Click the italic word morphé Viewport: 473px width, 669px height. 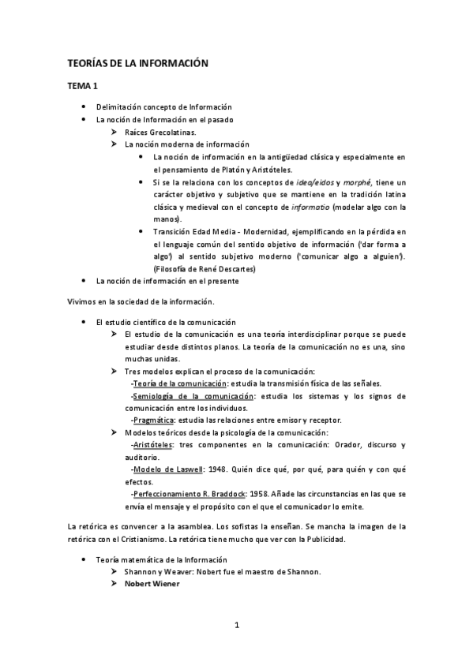pos(345,182)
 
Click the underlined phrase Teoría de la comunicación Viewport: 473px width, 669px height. pos(174,383)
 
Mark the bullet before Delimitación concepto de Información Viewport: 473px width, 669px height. pos(83,107)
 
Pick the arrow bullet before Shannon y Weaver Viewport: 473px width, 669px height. pos(116,571)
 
